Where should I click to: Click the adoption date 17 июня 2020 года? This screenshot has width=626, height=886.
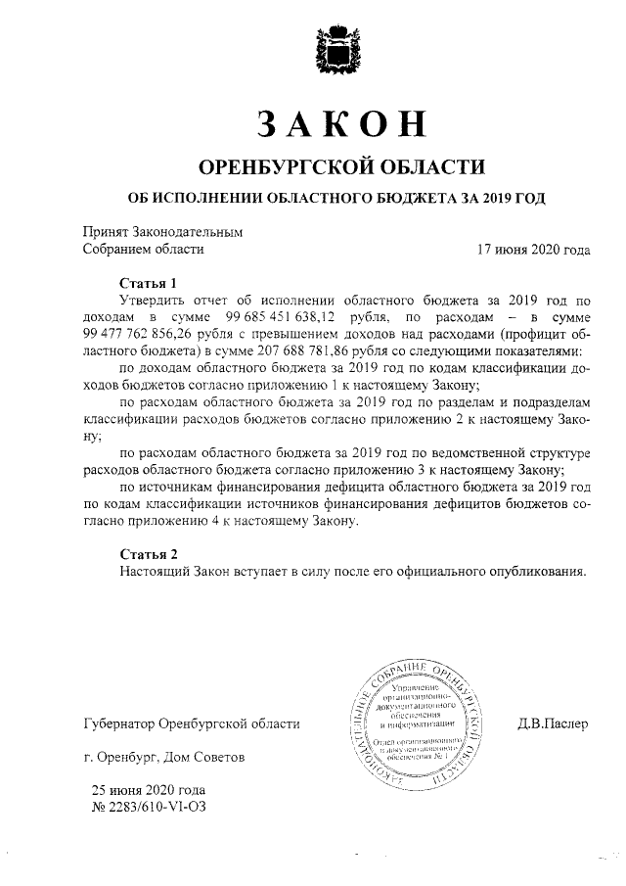[x=533, y=250]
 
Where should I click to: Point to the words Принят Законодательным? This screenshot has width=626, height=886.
[x=161, y=232]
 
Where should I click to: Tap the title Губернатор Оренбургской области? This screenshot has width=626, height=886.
[x=192, y=724]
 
